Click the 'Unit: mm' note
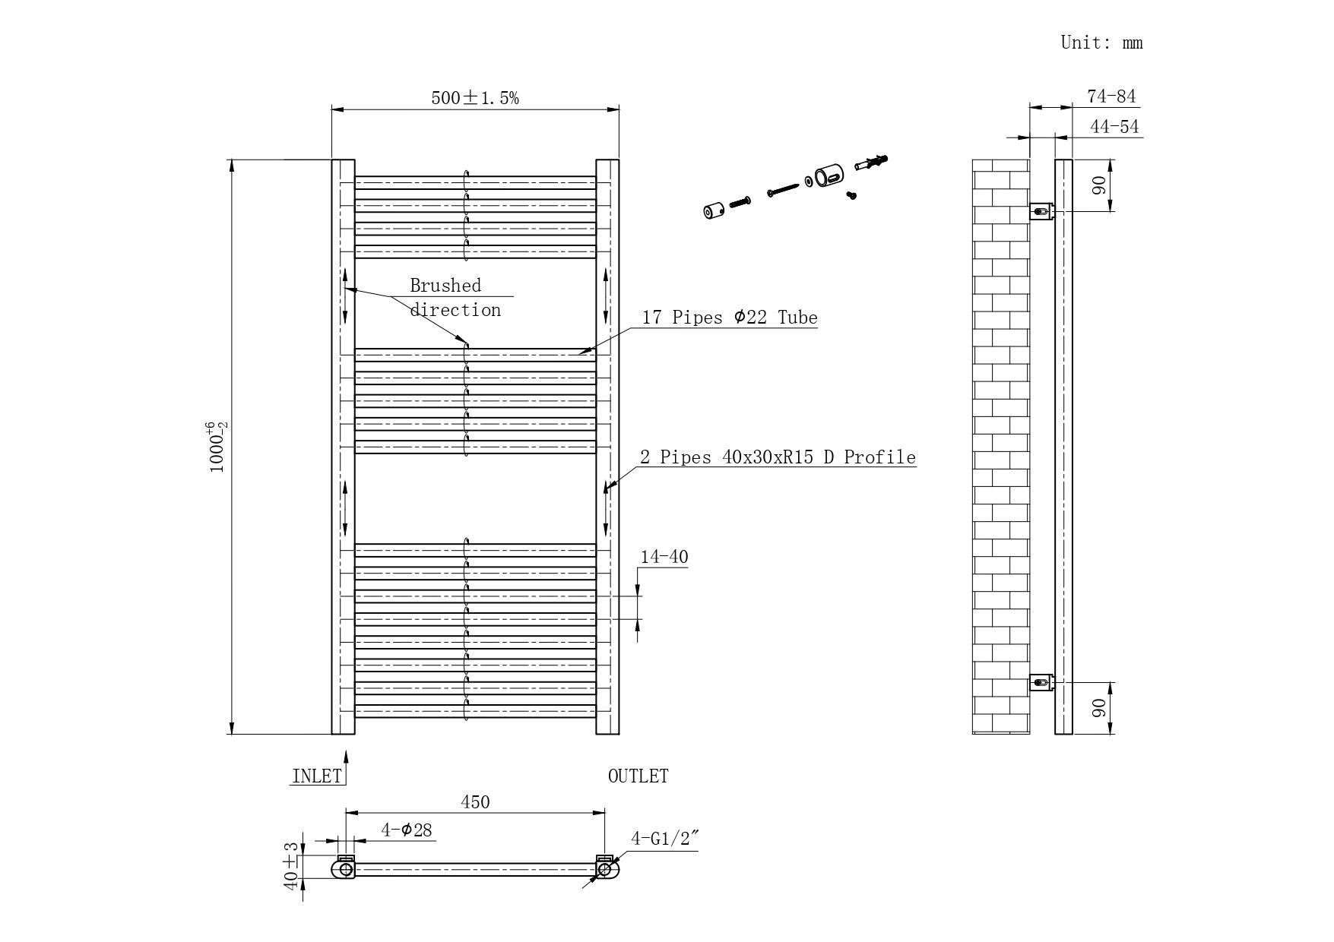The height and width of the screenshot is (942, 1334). tap(1101, 43)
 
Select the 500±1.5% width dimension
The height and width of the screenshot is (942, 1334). tap(475, 98)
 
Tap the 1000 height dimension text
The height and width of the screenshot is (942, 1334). tap(217, 447)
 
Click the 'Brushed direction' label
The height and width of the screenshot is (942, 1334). tap(454, 297)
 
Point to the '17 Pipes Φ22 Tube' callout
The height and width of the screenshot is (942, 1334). tap(729, 318)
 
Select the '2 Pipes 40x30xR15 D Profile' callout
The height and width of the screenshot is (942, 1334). tap(777, 457)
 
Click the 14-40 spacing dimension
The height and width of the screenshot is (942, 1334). tap(664, 557)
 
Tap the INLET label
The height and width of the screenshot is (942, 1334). tap(317, 776)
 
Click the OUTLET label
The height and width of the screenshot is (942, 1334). tap(638, 776)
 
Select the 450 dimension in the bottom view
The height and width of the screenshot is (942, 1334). tap(475, 802)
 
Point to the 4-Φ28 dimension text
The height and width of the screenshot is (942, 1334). tap(407, 830)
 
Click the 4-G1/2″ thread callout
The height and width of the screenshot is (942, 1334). tap(664, 839)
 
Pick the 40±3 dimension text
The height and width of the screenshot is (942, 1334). tap(291, 866)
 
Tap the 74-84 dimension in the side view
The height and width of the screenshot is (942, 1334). tap(1111, 96)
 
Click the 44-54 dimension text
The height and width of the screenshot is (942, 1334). tap(1114, 127)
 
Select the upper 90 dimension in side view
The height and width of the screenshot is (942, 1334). tap(1099, 185)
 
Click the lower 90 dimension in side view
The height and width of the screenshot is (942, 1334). tap(1099, 708)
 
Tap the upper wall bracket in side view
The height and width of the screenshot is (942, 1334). tap(1041, 210)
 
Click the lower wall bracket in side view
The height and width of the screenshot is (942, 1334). tap(1041, 682)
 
